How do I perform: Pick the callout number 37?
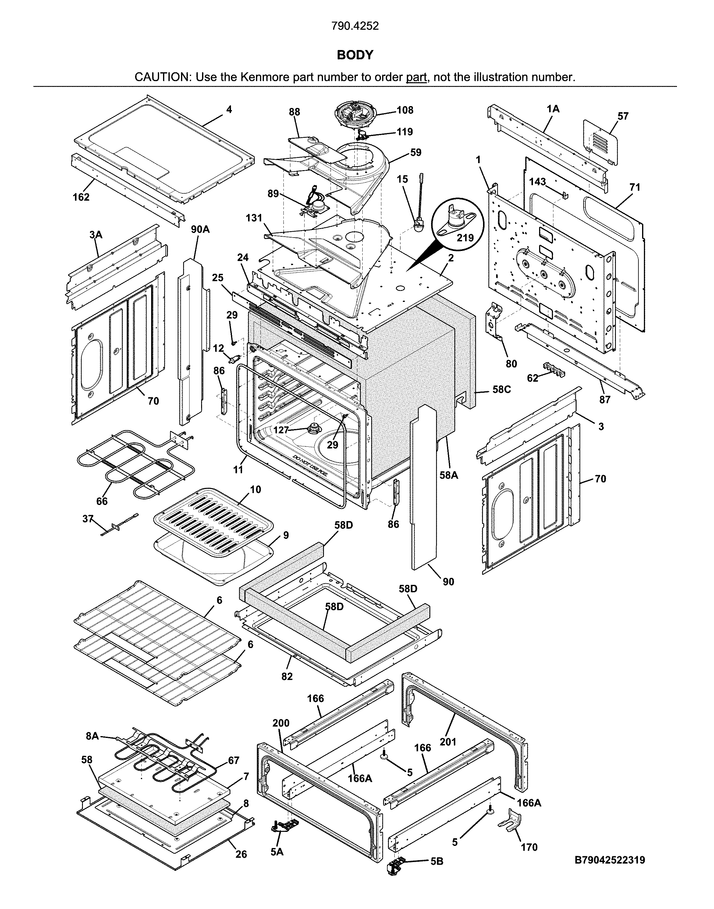pos(88,519)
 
